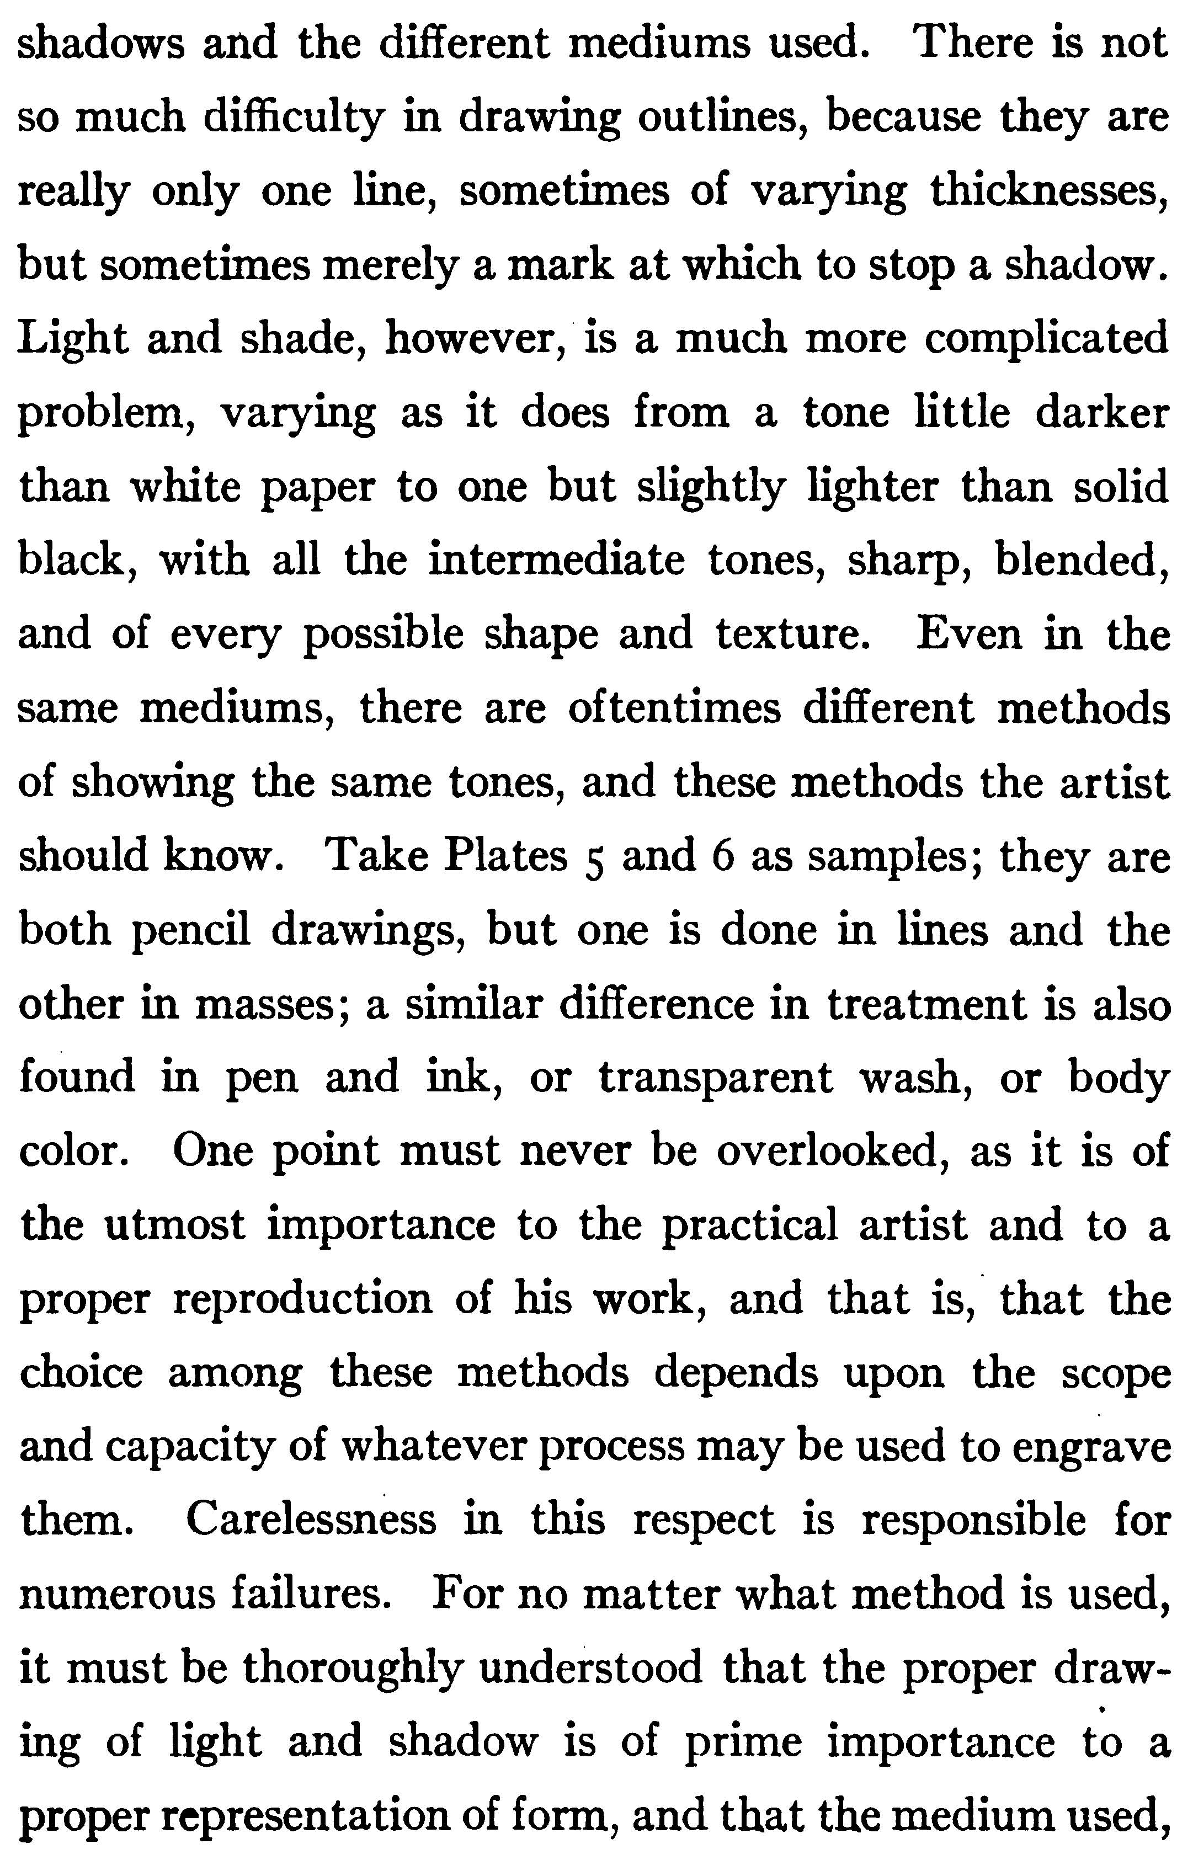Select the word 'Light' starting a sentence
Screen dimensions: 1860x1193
click(71, 339)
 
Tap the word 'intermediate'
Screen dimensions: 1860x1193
click(556, 559)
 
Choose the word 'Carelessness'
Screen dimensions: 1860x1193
click(311, 1519)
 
